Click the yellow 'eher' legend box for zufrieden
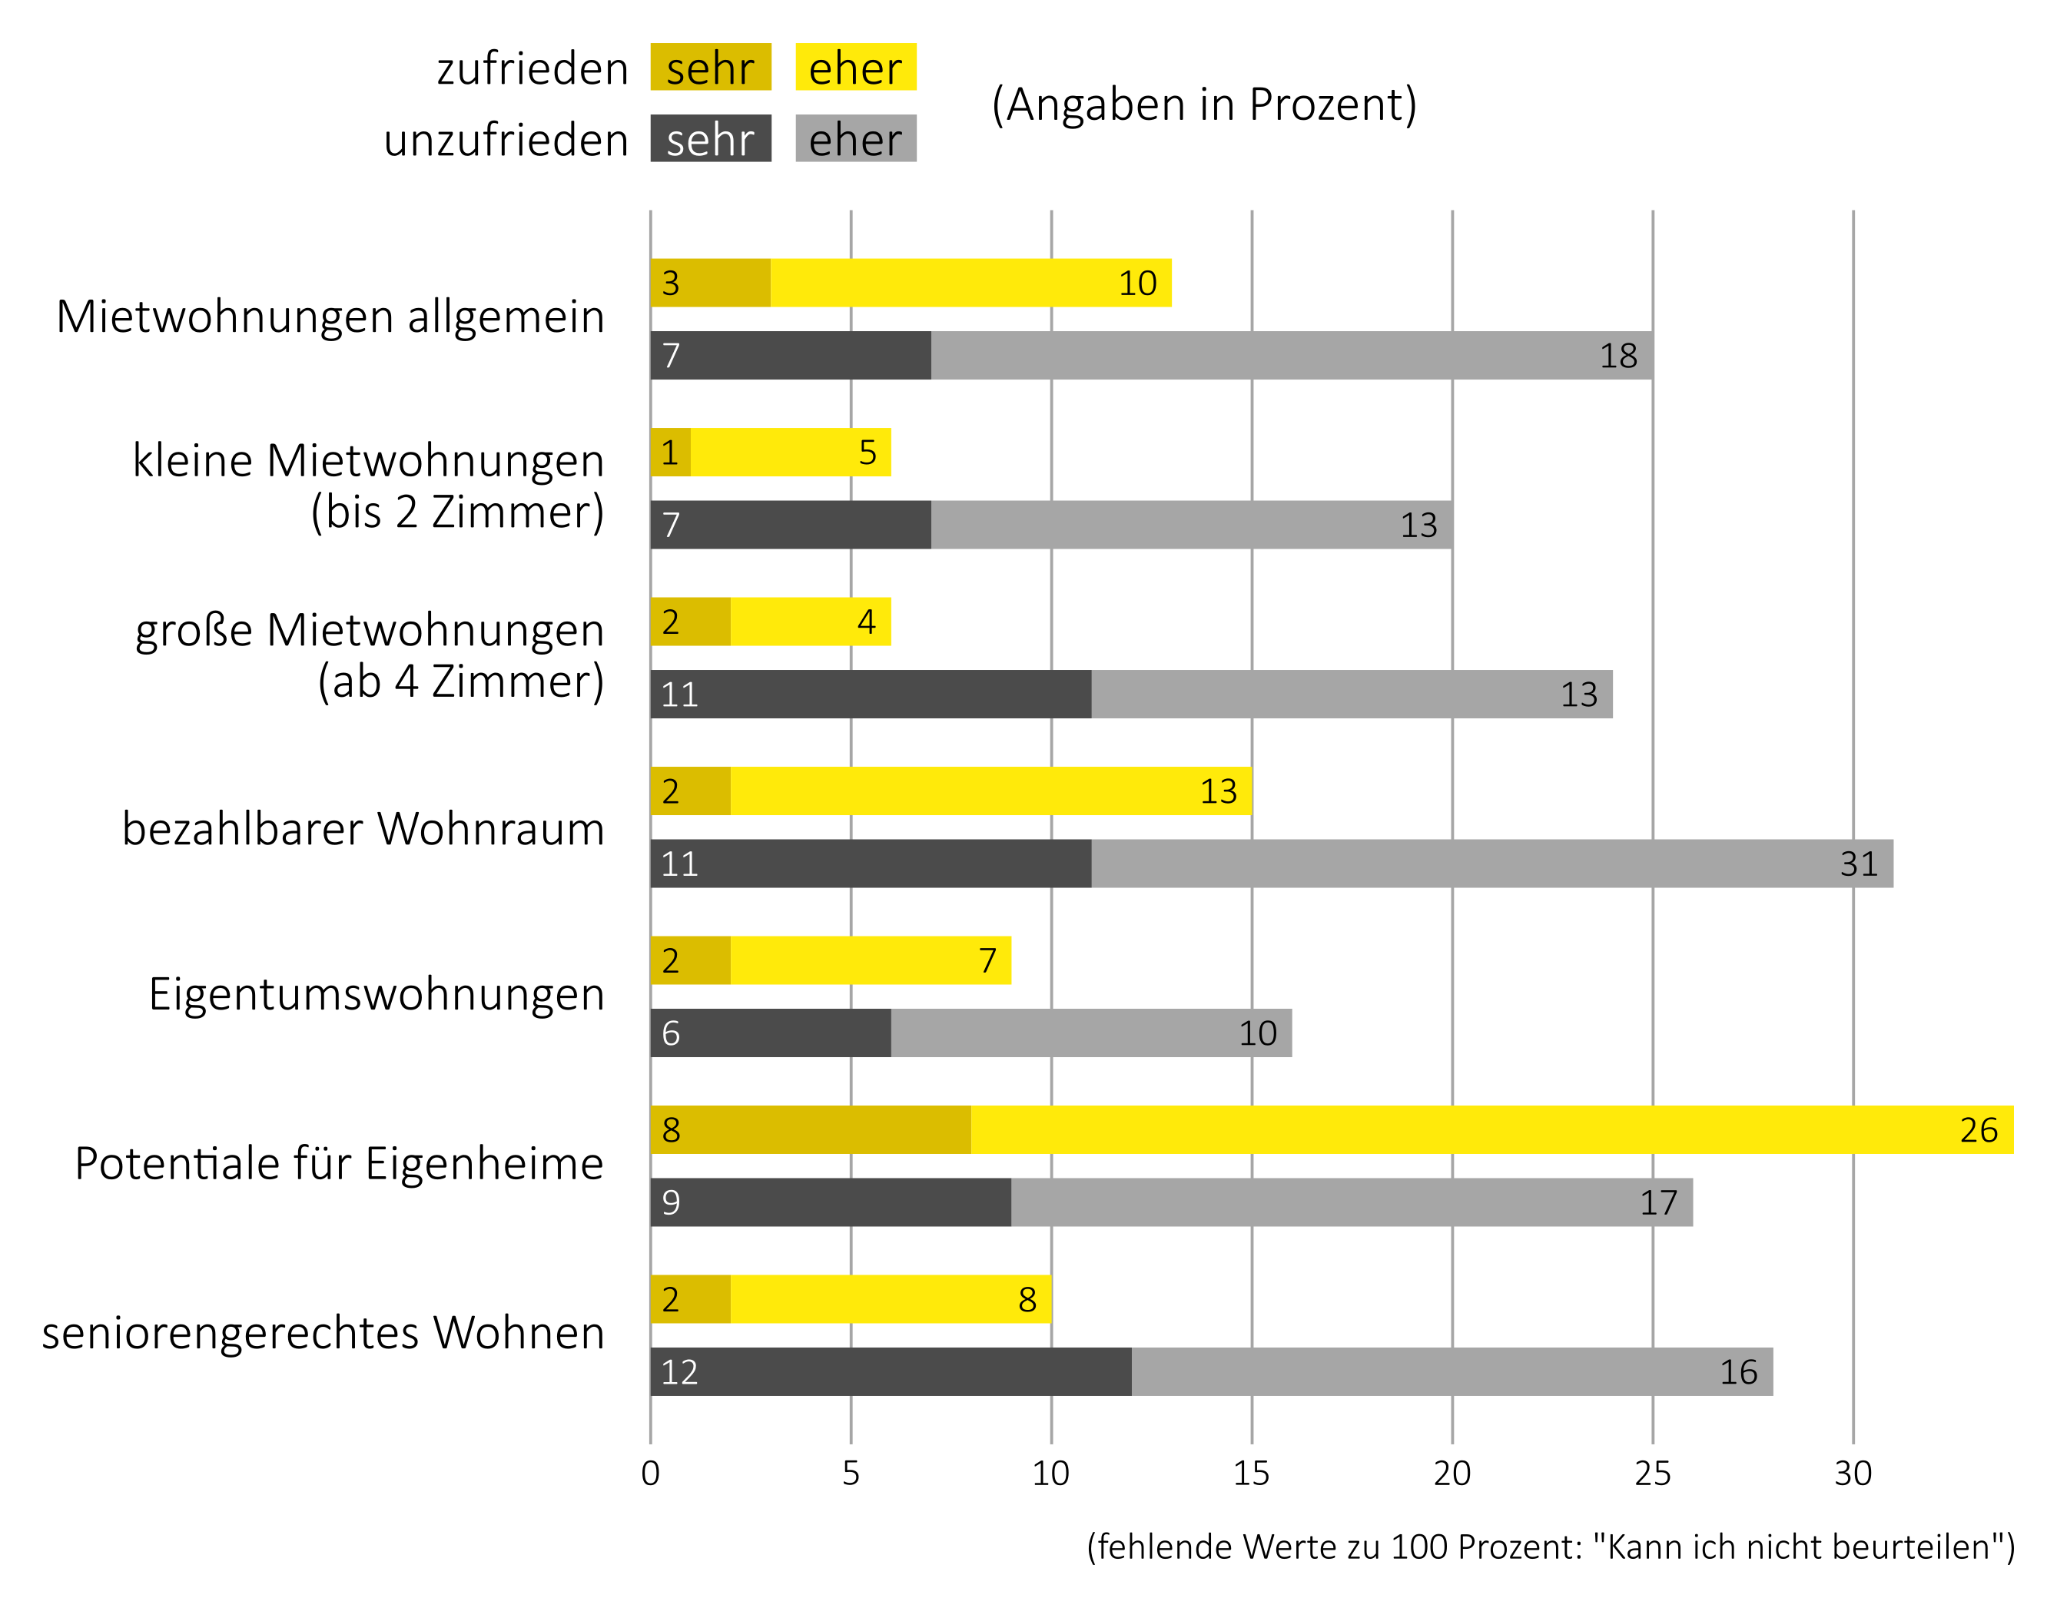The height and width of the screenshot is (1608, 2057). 855,67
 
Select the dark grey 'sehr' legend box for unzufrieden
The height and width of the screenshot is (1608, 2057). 710,138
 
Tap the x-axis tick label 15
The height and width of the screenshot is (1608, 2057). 1251,1474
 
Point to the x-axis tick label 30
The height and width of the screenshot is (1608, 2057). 1853,1474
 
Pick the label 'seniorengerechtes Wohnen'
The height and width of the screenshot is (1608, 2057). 323,1333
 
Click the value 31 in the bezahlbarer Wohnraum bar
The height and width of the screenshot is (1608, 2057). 1858,864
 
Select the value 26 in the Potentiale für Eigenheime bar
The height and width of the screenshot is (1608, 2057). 1978,1129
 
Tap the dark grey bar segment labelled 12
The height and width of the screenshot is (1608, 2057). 890,1371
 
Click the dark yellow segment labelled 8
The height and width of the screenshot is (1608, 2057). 810,1129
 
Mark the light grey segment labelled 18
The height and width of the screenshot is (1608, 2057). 1290,355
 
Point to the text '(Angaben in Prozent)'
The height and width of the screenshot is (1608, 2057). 1203,104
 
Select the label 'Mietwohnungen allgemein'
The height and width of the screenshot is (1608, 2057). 330,317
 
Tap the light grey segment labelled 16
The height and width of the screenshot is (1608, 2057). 1451,1371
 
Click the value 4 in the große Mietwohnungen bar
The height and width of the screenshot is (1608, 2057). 865,622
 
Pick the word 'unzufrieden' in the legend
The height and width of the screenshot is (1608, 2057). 506,139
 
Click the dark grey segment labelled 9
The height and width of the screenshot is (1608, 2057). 829,1202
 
